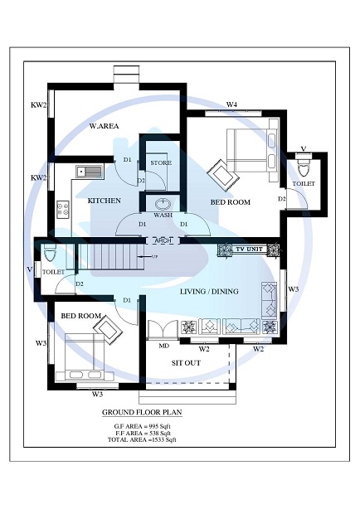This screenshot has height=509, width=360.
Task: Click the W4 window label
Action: click(232, 104)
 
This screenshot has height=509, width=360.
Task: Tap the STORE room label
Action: click(161, 163)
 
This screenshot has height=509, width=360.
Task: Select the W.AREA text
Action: click(105, 127)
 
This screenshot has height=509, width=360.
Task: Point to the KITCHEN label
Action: click(105, 201)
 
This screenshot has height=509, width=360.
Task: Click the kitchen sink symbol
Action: click(89, 172)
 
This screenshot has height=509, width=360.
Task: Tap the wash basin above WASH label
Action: click(163, 203)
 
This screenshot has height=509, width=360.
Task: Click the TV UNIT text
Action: click(250, 249)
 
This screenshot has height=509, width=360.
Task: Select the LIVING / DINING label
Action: click(209, 291)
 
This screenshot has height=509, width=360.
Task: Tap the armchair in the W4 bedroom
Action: click(222, 175)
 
